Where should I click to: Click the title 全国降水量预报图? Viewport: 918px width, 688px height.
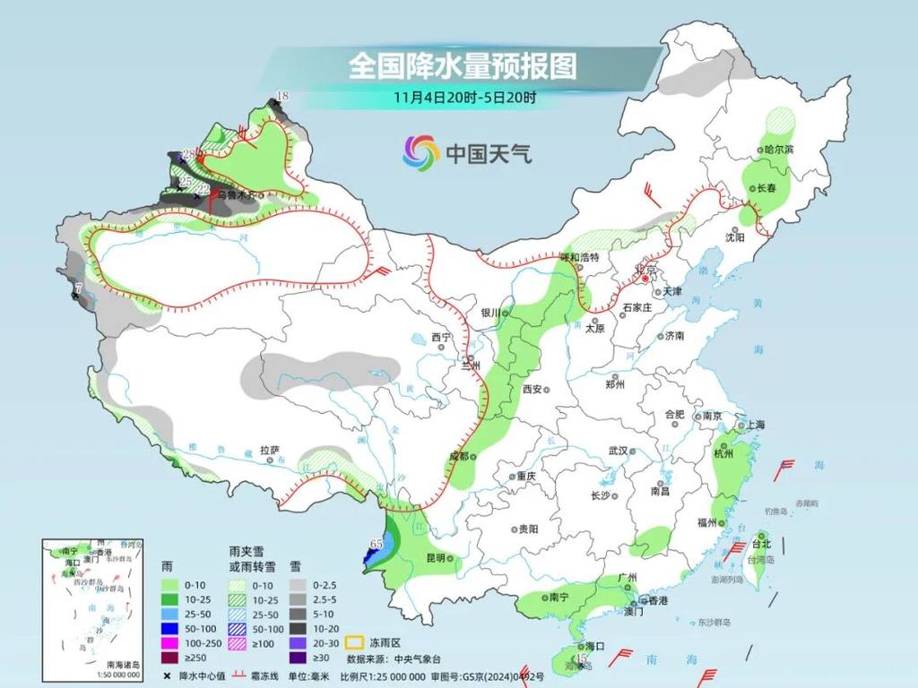click(462, 65)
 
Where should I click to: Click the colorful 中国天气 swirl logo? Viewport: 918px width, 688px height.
click(420, 152)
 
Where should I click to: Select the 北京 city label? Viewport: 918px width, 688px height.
click(645, 269)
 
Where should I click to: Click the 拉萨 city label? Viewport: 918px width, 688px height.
click(270, 451)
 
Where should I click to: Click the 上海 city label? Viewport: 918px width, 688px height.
click(754, 425)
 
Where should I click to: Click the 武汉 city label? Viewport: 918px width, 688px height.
click(619, 451)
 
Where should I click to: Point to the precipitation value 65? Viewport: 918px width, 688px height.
click(377, 543)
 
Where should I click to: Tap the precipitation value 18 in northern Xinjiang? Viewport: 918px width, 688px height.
click(282, 96)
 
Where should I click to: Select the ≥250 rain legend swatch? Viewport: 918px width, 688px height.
click(169, 658)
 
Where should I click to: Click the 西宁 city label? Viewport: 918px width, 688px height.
click(441, 337)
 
